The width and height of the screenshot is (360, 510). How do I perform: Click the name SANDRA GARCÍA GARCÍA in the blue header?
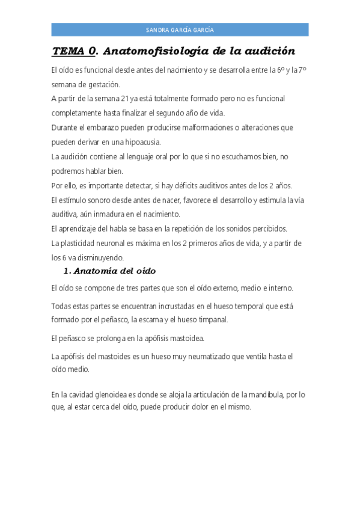click(180, 30)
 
